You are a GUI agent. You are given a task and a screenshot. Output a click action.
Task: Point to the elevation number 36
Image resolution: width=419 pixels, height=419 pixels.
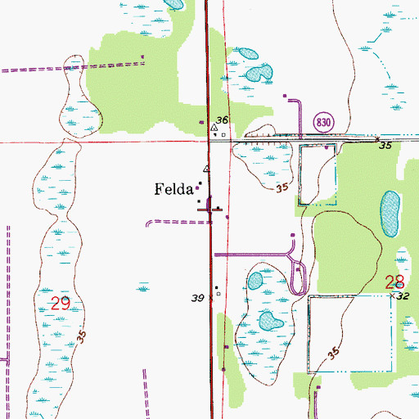coord(222,119)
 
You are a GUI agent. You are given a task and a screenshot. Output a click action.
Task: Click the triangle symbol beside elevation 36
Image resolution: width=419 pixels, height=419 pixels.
coord(214,128)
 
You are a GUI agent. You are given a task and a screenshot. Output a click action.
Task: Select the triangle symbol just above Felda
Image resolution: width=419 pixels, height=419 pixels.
coord(207,169)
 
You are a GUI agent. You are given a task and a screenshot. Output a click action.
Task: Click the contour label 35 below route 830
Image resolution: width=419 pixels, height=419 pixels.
coord(283,188)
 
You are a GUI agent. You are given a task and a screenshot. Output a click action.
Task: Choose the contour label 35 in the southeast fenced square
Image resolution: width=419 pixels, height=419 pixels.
coord(333,352)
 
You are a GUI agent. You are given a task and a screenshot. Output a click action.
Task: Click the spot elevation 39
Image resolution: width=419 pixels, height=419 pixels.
coord(198,300)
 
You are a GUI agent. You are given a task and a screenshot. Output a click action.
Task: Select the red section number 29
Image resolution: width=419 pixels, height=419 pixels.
coord(61,303)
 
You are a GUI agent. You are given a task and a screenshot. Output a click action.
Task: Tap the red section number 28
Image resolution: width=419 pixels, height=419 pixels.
coord(394,282)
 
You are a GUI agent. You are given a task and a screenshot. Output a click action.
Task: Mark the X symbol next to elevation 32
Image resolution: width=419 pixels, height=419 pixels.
coord(394,294)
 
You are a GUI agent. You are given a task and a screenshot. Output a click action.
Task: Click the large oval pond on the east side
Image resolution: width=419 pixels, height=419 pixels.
coord(390,214)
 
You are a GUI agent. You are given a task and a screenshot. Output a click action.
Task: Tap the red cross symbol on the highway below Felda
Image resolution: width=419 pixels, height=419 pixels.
coord(210,209)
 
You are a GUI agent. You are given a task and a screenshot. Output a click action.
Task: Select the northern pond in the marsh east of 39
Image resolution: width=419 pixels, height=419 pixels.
coord(255,282)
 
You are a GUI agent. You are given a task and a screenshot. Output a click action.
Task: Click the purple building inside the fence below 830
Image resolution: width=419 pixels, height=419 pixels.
coord(327,148)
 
